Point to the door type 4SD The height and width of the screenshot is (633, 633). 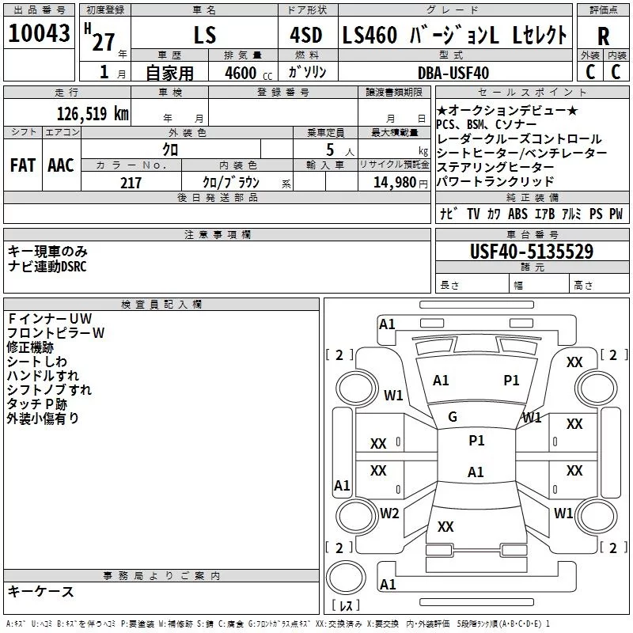click(307, 35)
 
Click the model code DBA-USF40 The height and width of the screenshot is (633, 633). click(453, 73)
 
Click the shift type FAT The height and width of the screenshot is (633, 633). click(22, 165)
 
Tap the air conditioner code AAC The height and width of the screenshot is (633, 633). click(60, 165)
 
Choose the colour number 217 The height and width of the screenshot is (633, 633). click(131, 183)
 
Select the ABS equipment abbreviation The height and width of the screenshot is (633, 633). click(517, 214)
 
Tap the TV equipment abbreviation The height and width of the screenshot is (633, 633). click(473, 214)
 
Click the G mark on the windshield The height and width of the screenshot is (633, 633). click(453, 417)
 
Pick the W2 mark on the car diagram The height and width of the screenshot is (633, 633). click(389, 514)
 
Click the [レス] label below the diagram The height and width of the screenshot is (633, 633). click(345, 606)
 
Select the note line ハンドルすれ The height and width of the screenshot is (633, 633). click(43, 375)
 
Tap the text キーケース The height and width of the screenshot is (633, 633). click(41, 591)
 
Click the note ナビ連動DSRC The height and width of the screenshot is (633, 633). click(47, 266)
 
